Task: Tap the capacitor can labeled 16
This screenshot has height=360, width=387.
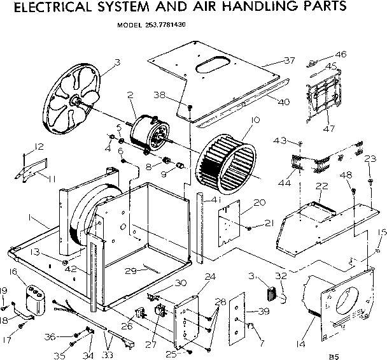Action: coord(36,300)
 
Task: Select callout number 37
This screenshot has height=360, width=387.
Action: coord(290,61)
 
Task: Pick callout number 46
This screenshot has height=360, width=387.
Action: coord(341,55)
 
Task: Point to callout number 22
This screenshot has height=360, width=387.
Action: coord(322,185)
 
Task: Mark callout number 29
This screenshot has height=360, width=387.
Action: coord(131,271)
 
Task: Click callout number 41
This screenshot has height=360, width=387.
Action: coord(216,201)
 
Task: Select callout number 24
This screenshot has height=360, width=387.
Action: coord(210,277)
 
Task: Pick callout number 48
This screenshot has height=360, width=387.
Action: coord(346,174)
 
